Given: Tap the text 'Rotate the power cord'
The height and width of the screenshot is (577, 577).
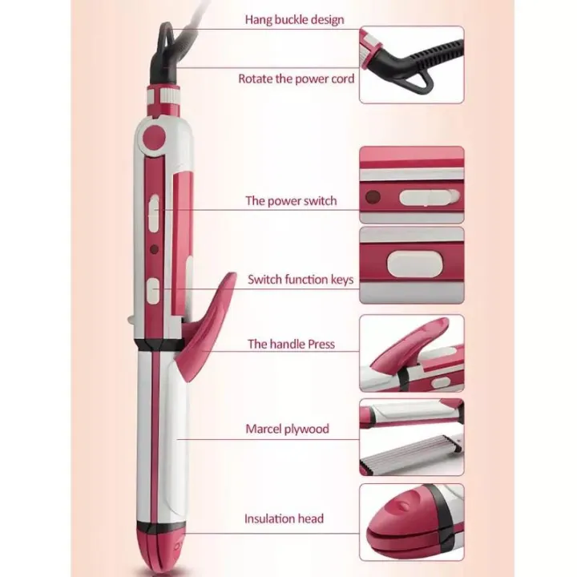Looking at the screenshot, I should (x=296, y=79).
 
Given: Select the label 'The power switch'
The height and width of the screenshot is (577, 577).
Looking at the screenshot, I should (x=291, y=200).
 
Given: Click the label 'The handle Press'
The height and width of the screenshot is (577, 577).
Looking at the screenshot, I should (x=291, y=344).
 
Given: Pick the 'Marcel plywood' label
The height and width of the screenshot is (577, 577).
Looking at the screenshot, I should (x=287, y=429).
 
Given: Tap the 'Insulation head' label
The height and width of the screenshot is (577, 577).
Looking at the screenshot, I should (x=284, y=518).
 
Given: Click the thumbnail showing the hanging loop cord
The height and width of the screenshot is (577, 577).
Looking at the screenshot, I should (x=411, y=65).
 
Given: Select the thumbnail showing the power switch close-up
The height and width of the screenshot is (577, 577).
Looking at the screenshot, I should (x=411, y=184).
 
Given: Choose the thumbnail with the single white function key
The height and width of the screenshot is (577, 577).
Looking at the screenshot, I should (x=411, y=264).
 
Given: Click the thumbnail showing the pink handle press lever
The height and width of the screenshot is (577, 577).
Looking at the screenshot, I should (x=411, y=352).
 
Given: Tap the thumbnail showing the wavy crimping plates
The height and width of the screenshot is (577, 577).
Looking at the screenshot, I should (x=411, y=437).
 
